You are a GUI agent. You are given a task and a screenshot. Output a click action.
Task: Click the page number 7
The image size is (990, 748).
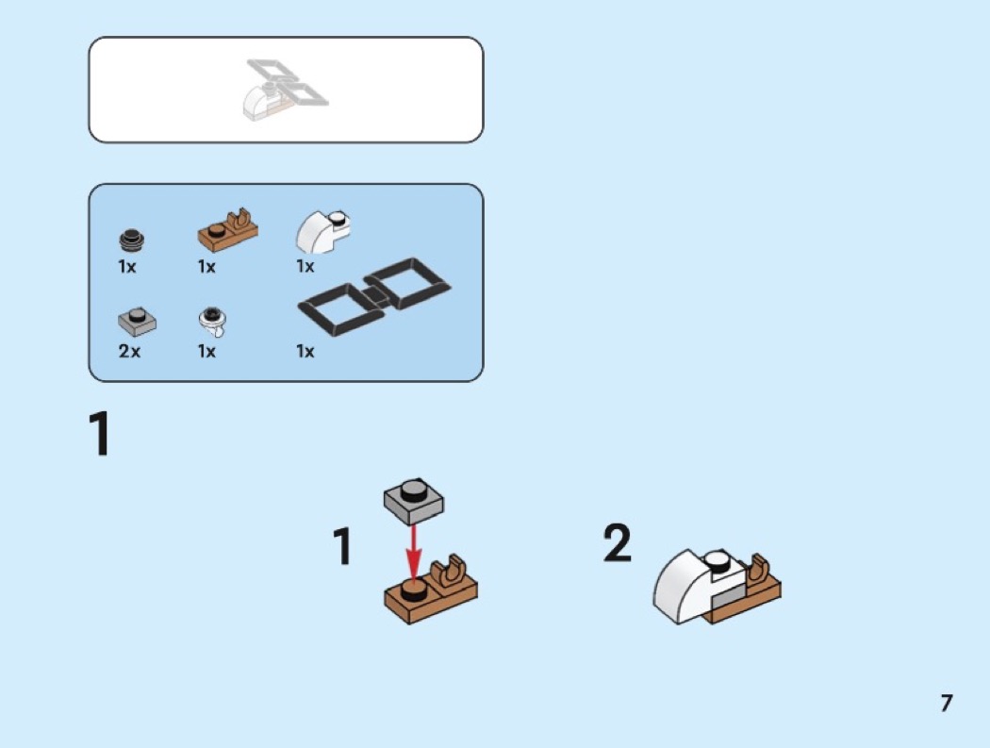946,703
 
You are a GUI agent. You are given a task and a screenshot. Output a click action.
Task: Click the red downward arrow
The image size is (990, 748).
414,554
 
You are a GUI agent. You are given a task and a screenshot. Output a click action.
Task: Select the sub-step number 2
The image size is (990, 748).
617,542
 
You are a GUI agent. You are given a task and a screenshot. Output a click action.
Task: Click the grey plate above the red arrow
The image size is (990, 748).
414,501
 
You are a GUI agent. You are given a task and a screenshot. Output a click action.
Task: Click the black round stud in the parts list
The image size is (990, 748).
131,241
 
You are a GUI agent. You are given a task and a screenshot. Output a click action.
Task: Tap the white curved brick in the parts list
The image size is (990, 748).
322,232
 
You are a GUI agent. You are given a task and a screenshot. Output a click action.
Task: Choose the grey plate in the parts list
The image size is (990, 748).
137,322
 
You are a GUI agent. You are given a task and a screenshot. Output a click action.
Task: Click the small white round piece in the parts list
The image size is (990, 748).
213,322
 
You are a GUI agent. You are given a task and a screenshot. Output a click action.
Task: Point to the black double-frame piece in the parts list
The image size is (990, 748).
373,297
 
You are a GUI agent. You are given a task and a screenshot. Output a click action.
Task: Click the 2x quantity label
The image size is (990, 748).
129,351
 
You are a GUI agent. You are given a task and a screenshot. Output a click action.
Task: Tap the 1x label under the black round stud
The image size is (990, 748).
127,267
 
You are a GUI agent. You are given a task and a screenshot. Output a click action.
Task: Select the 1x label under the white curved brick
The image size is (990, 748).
305,267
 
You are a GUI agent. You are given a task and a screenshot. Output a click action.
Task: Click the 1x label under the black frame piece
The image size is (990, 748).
305,351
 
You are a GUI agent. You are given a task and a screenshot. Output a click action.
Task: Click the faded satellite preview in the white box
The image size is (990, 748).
286,89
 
